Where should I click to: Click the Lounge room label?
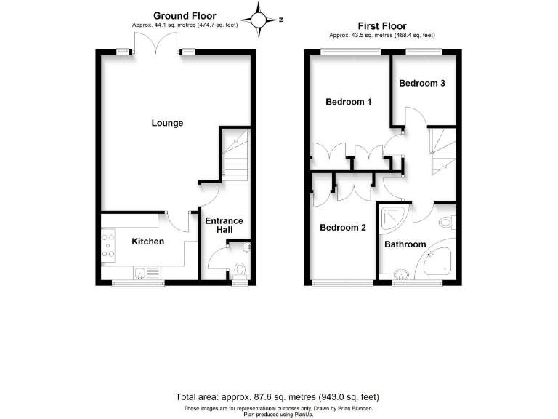pyautogui.click(x=167, y=123)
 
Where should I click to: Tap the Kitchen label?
pyautogui.click(x=147, y=242)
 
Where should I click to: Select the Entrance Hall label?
pyautogui.click(x=224, y=226)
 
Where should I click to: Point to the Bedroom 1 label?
pyautogui.click(x=348, y=102)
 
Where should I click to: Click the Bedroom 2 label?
pyautogui.click(x=343, y=228)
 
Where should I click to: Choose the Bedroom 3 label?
pyautogui.click(x=422, y=83)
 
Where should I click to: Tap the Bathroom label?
pyautogui.click(x=405, y=244)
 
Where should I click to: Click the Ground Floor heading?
pyautogui.click(x=185, y=16)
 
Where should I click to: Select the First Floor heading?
pyautogui.click(x=382, y=25)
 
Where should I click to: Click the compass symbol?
pyautogui.click(x=259, y=20)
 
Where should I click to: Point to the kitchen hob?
pyautogui.click(x=108, y=244)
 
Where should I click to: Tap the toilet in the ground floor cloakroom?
pyautogui.click(x=240, y=271)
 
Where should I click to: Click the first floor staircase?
pyautogui.click(x=442, y=151)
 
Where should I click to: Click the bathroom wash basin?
pyautogui.click(x=400, y=275)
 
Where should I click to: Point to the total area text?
pyautogui.click(x=278, y=397)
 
